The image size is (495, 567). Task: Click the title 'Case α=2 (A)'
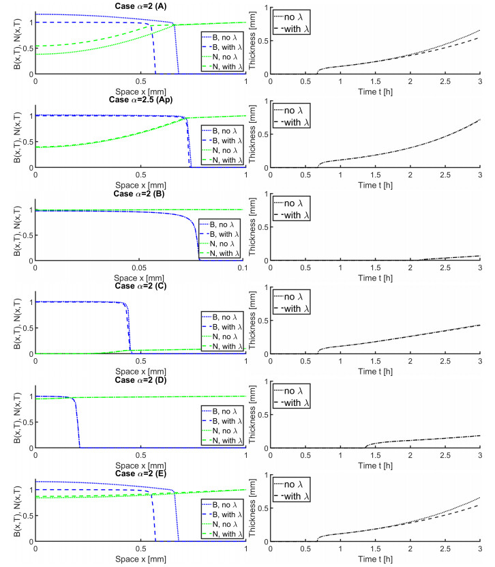coord(141,6)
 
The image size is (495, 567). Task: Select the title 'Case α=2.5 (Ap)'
coord(141,99)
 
